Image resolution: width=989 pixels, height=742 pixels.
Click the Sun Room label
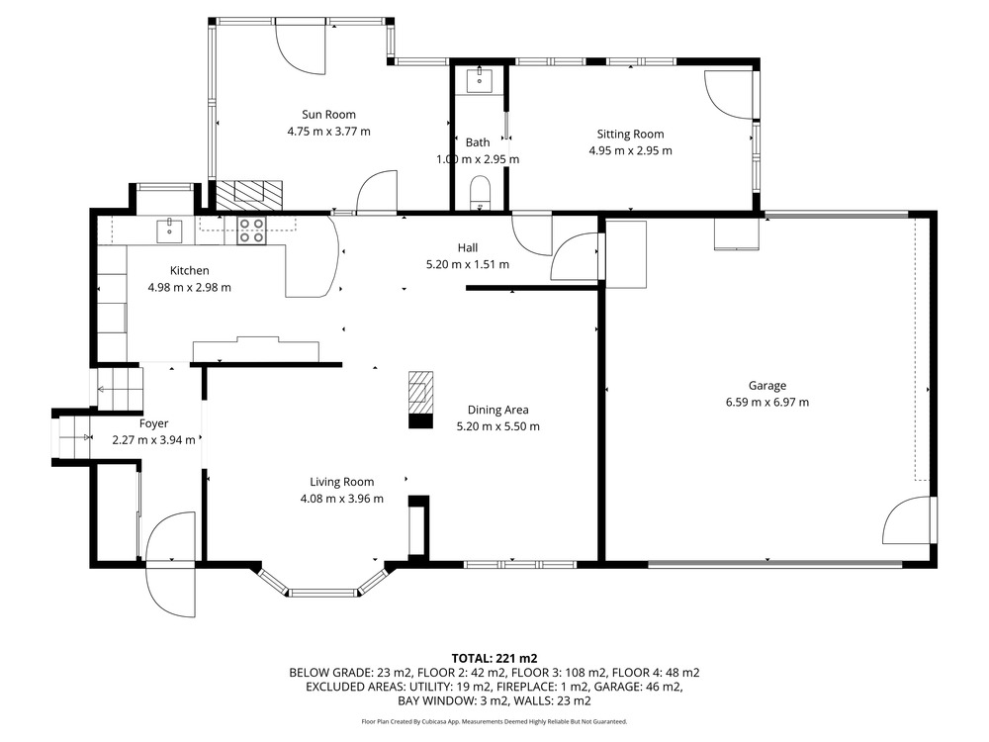tap(328, 114)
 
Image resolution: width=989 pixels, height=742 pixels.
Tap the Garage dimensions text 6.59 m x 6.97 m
tap(767, 402)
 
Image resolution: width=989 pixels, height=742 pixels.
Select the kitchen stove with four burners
tap(251, 231)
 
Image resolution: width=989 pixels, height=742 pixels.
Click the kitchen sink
tap(169, 231)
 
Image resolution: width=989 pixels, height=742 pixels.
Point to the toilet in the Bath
tap(480, 193)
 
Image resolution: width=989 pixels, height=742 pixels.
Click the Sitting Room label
tap(630, 134)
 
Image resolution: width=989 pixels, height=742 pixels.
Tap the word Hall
tap(468, 248)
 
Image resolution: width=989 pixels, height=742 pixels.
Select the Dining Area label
tap(497, 411)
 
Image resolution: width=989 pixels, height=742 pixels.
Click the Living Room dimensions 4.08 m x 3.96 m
tap(342, 499)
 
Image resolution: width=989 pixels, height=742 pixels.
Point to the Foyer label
tap(154, 424)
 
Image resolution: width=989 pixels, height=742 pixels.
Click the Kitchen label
tap(189, 271)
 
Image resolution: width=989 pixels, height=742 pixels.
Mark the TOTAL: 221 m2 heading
tap(494, 659)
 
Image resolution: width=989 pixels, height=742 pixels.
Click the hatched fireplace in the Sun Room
tap(248, 195)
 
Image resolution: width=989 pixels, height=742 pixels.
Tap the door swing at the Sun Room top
tap(301, 47)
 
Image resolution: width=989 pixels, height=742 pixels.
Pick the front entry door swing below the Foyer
tap(170, 593)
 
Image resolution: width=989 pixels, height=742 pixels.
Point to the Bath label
tap(478, 142)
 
